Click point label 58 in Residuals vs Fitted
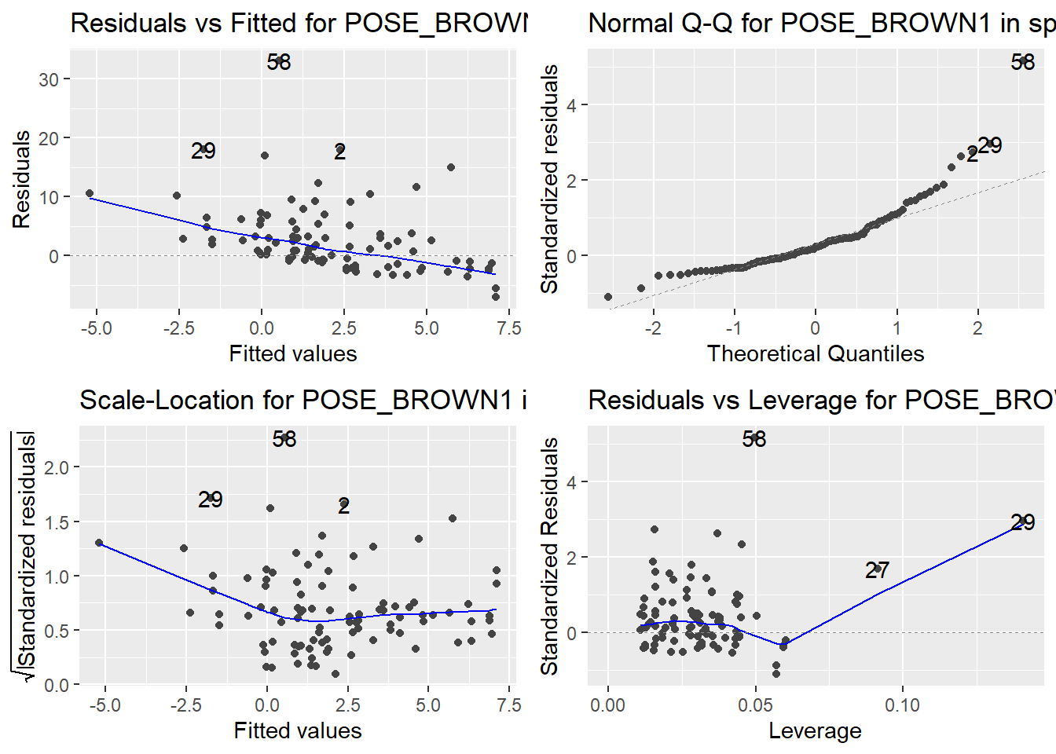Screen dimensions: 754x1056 (279, 62)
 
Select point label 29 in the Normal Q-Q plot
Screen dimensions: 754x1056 (990, 145)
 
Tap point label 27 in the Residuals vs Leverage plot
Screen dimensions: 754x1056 (877, 570)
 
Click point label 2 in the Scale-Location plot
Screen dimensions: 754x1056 (343, 506)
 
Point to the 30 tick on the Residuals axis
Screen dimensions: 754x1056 (49, 79)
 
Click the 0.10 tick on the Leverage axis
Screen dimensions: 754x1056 (902, 705)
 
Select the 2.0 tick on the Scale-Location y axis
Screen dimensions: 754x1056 (57, 467)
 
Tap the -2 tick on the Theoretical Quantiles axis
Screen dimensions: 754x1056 (653, 328)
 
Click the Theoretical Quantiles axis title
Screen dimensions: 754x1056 (815, 353)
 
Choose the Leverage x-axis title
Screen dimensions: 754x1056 (815, 730)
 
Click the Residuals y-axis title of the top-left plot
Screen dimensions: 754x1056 (22, 179)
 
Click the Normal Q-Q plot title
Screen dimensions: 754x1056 (821, 24)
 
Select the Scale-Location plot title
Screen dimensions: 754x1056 (302, 401)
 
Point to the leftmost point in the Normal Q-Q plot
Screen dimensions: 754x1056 (608, 297)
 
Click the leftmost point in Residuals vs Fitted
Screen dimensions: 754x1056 (90, 193)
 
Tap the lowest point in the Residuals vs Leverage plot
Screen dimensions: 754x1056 (776, 673)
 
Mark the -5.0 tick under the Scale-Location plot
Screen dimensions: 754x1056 (104, 705)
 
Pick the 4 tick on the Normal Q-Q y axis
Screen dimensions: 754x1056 (572, 105)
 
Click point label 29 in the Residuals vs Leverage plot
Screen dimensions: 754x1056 (1022, 522)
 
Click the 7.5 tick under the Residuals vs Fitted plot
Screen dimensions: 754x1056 (509, 328)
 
